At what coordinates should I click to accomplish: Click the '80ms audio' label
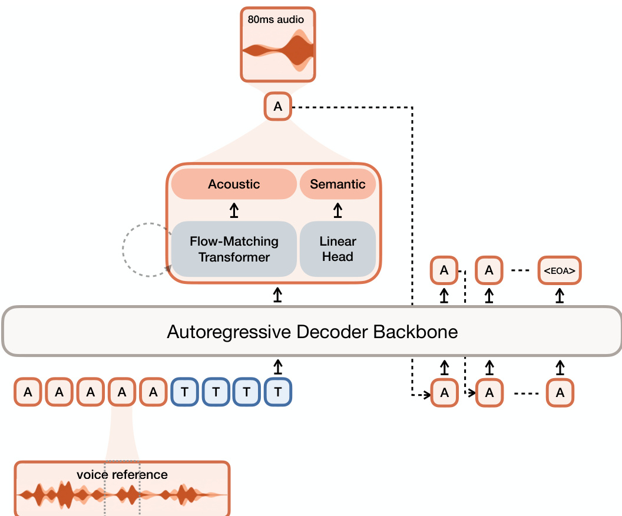point(276,19)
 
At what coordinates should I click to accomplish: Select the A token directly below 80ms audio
point(278,107)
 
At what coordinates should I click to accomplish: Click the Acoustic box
point(234,184)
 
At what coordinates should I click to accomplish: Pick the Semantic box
point(338,184)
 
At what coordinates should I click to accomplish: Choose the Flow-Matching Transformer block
point(234,249)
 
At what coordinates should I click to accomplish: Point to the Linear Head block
point(338,249)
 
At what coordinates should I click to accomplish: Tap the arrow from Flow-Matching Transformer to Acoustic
point(234,210)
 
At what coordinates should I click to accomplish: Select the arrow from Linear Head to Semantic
point(338,210)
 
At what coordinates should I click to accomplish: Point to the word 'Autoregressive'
point(228,332)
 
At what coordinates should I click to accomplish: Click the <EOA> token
point(560,271)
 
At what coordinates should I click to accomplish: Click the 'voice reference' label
point(122,474)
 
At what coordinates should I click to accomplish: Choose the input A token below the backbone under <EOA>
point(560,392)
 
